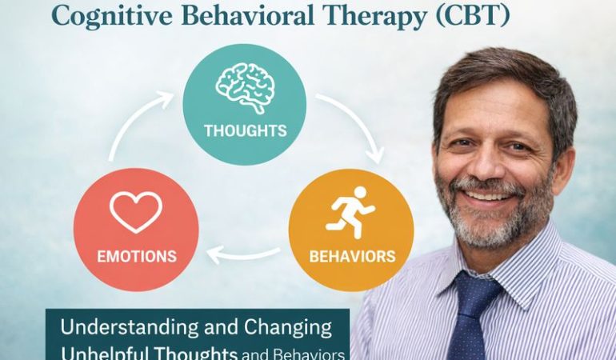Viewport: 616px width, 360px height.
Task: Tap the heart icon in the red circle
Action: (136, 211)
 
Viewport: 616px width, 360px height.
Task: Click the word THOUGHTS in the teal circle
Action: (245, 130)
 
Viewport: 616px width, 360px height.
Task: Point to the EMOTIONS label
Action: (136, 257)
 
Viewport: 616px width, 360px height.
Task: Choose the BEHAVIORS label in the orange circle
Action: (352, 257)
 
